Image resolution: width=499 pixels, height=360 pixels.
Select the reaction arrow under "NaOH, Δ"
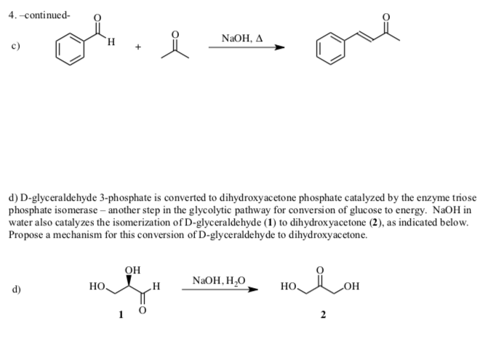[245, 48]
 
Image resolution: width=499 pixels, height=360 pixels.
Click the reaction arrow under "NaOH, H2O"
[220, 291]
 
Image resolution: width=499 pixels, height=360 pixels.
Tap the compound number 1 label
[122, 314]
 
